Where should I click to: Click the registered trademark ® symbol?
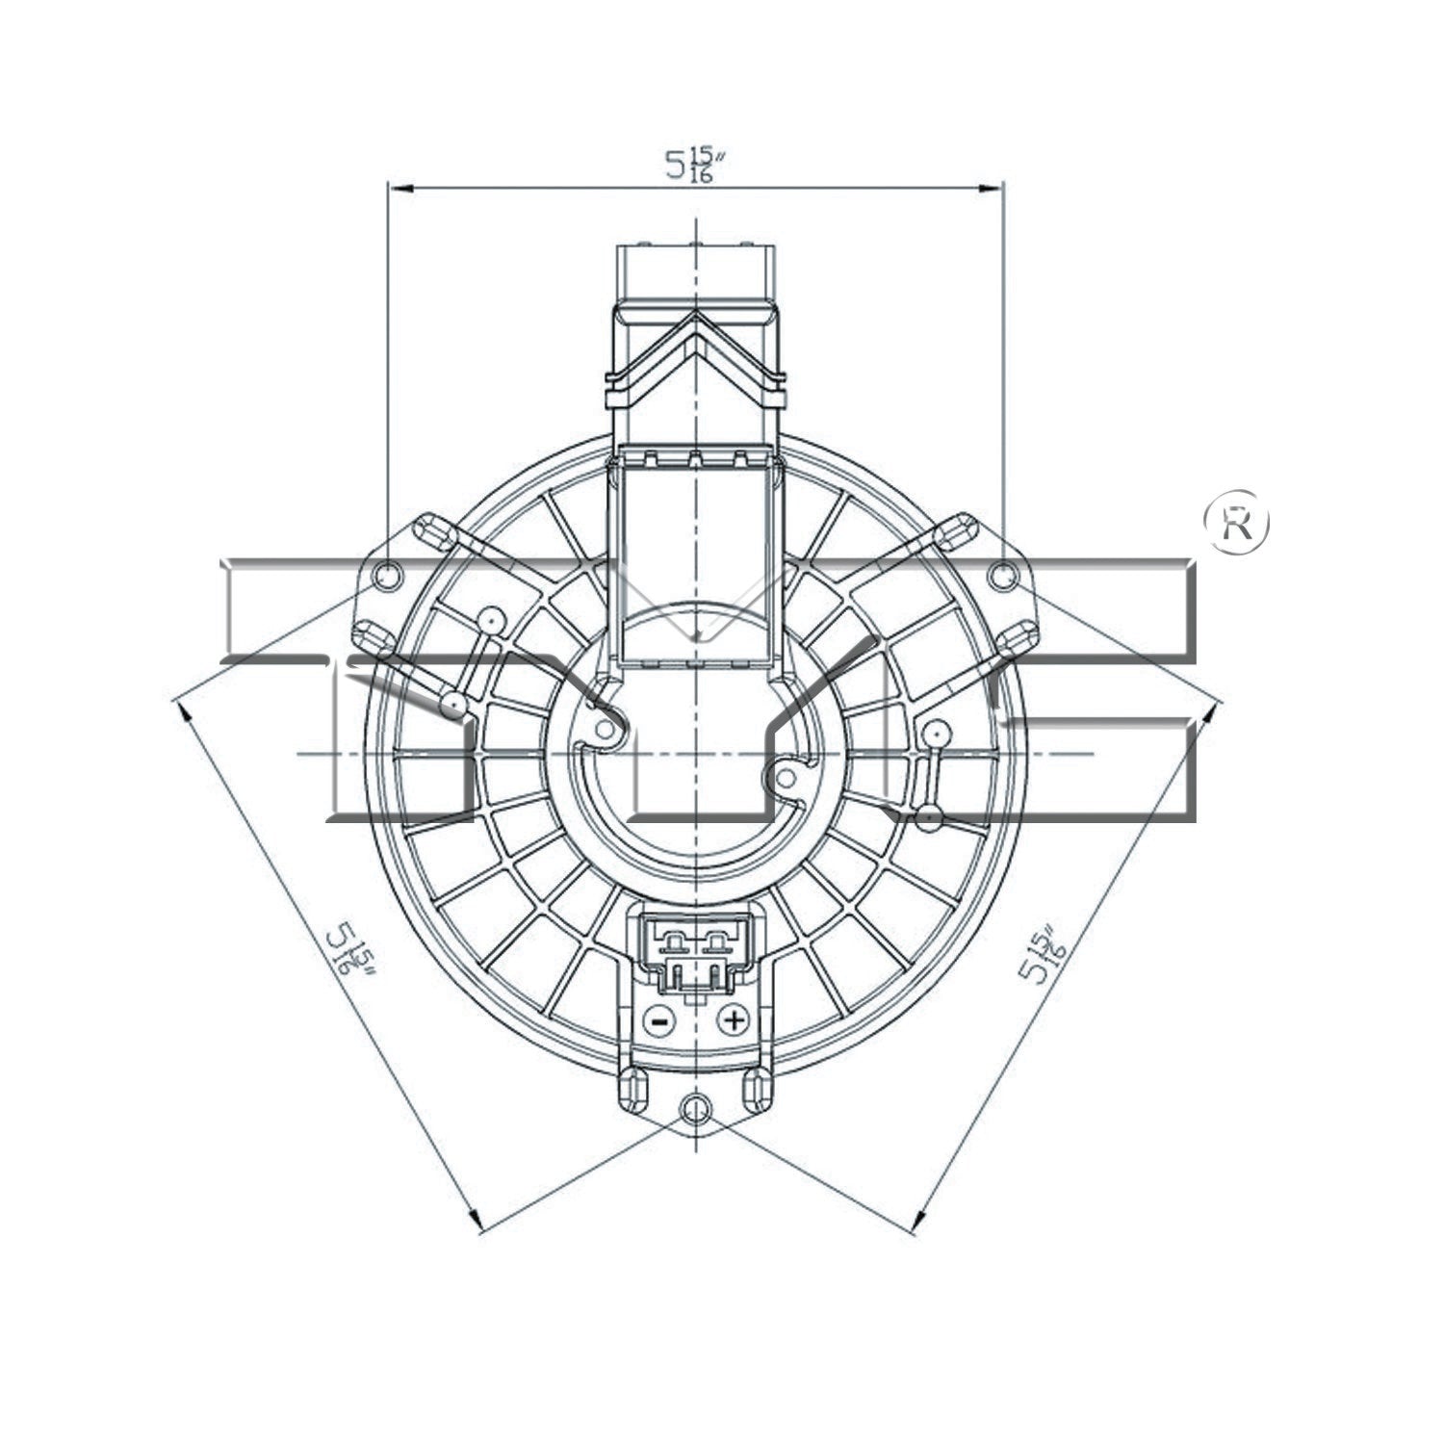1237,523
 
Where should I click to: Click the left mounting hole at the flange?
387,576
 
